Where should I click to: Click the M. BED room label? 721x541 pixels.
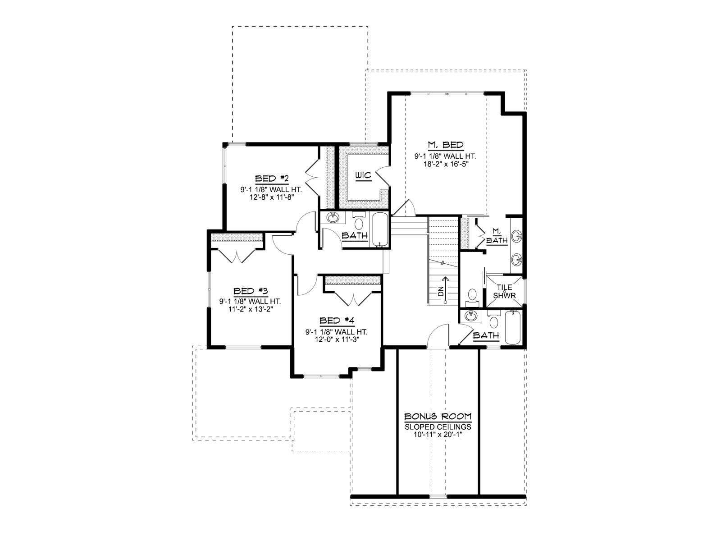tap(445, 145)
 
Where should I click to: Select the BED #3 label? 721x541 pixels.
tap(251, 291)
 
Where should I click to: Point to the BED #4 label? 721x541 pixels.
tap(337, 321)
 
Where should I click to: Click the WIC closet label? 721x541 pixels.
tap(363, 176)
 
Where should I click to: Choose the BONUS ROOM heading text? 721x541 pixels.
tap(438, 417)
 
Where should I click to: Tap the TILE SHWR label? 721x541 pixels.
tap(505, 291)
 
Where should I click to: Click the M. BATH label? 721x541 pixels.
tap(497, 237)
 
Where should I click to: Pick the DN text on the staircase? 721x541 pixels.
tap(440, 291)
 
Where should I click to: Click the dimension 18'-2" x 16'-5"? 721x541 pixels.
tap(445, 164)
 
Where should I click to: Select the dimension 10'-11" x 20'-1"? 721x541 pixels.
tap(438, 434)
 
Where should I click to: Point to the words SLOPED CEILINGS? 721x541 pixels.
tap(438, 427)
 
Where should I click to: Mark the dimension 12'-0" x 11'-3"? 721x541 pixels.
tap(337, 339)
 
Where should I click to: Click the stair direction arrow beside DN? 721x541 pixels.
tap(445, 289)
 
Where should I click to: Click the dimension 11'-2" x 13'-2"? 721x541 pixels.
tap(251, 309)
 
